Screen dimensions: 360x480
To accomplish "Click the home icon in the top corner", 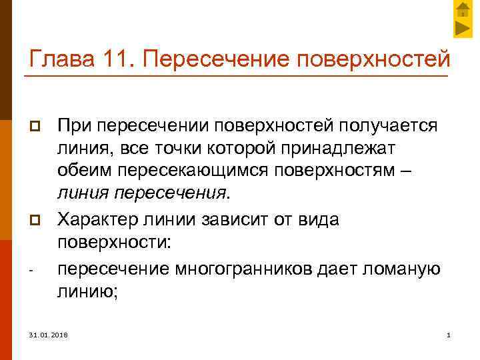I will tap(463, 9).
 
